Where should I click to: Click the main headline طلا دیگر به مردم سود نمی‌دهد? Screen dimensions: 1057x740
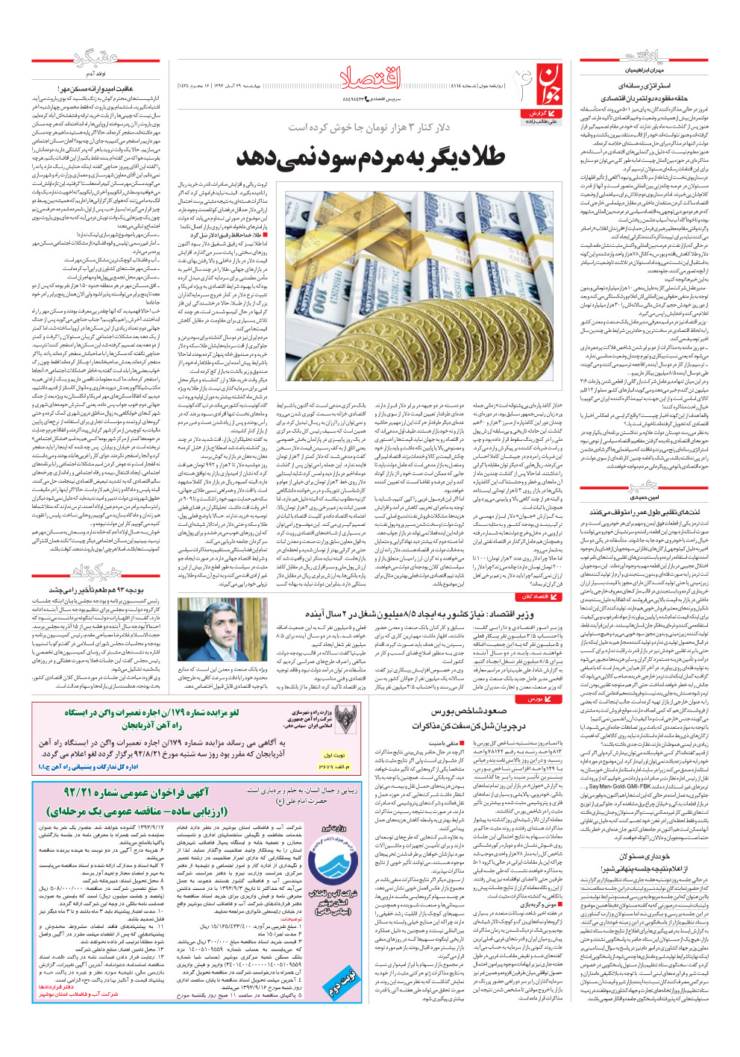tap(371, 157)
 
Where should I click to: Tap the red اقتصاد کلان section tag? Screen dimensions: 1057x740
tap(537, 596)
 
